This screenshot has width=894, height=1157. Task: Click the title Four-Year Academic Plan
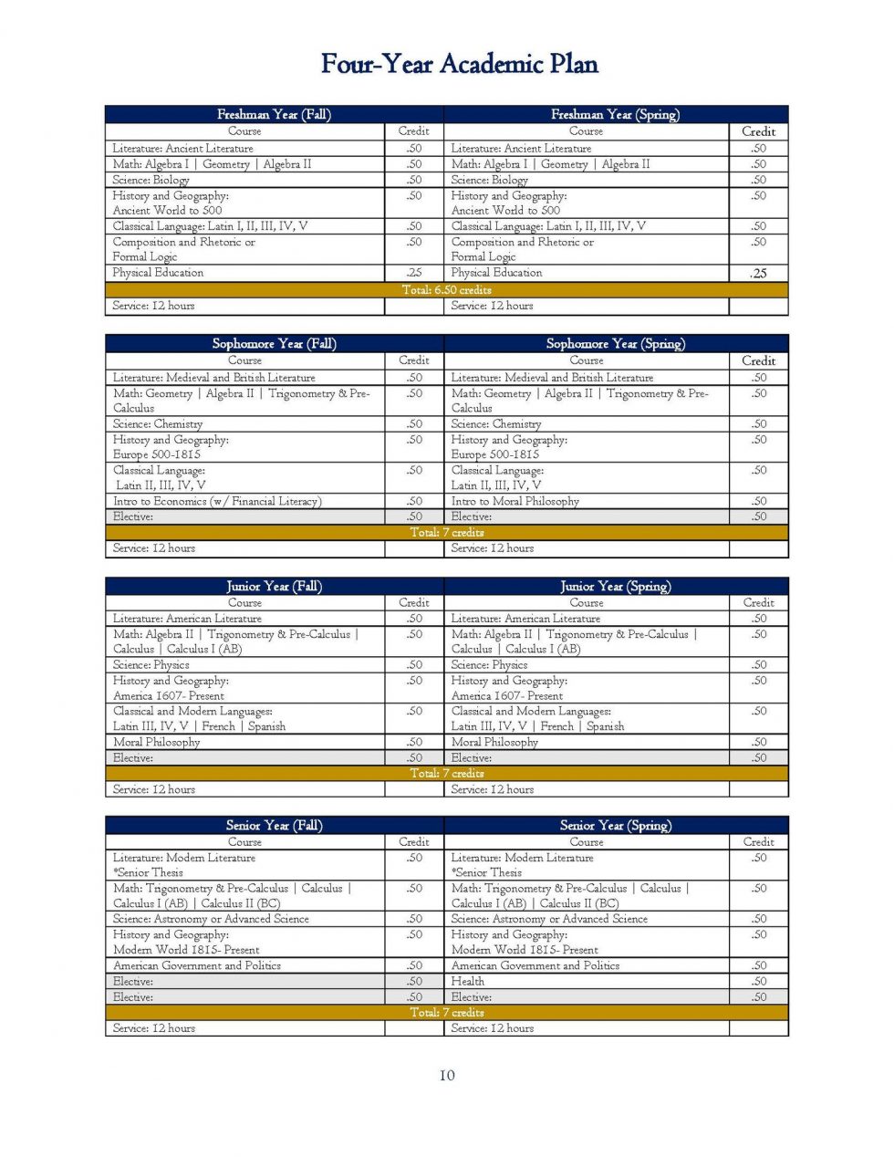(x=459, y=64)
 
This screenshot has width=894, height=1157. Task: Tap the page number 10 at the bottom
(x=447, y=1075)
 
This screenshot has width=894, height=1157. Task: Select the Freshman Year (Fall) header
(x=274, y=114)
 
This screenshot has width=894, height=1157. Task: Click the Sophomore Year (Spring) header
(x=615, y=343)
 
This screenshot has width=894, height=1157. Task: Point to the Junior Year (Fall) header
(x=274, y=586)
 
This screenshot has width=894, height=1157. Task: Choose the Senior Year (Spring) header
(x=615, y=825)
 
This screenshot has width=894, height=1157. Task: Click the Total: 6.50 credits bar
(x=447, y=289)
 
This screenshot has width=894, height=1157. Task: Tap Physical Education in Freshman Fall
(x=158, y=272)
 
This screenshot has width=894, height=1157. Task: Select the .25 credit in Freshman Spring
(x=758, y=273)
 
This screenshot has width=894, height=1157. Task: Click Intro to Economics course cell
(x=217, y=501)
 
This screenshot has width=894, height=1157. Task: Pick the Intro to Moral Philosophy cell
(x=515, y=501)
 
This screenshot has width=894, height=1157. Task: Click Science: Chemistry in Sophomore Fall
(x=158, y=423)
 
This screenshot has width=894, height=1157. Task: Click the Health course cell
(x=467, y=981)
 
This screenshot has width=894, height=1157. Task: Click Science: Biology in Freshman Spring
(x=489, y=180)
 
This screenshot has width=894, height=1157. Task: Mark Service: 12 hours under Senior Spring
(x=493, y=1027)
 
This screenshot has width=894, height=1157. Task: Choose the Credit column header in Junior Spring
(x=758, y=602)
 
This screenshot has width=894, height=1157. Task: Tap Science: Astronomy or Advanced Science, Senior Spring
(x=549, y=919)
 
